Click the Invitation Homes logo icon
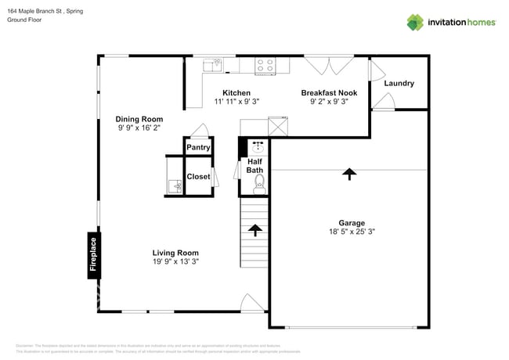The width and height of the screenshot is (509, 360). pyautogui.click(x=415, y=22)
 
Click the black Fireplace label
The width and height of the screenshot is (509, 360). pyautogui.click(x=92, y=257)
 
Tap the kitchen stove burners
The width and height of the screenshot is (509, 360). pyautogui.click(x=265, y=66)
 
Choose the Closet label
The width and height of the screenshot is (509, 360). pyautogui.click(x=198, y=177)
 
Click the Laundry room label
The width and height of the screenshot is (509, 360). pyautogui.click(x=399, y=84)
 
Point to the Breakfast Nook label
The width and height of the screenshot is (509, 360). pyautogui.click(x=329, y=92)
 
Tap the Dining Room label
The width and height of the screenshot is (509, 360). pyautogui.click(x=140, y=119)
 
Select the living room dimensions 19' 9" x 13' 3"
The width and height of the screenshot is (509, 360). pyautogui.click(x=175, y=262)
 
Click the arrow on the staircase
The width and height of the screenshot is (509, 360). pyautogui.click(x=254, y=229)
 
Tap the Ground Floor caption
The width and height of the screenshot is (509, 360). pyautogui.click(x=24, y=20)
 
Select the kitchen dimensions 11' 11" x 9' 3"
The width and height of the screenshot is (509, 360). pyautogui.click(x=236, y=101)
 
